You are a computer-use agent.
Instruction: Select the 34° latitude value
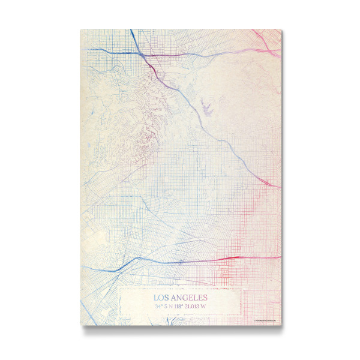click(x=158, y=306)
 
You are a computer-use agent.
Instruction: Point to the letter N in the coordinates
click(x=174, y=306)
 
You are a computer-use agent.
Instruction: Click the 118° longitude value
click(x=183, y=306)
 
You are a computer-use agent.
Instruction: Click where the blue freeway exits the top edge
click(x=131, y=30)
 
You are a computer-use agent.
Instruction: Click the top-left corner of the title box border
click(x=119, y=289)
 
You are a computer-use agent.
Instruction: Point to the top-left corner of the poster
click(x=80, y=29)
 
